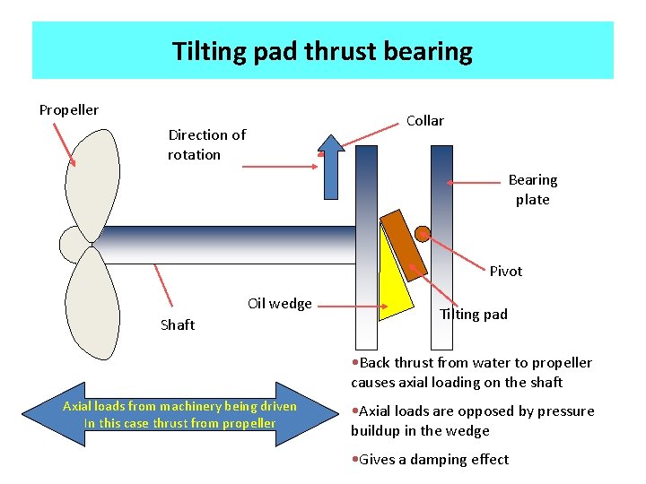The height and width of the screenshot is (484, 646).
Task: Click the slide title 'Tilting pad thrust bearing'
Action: pos(322,51)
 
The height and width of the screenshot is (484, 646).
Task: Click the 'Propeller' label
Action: pos(69,110)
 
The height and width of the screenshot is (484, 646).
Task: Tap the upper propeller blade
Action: pos(93,183)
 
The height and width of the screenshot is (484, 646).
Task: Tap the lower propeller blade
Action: pos(93,300)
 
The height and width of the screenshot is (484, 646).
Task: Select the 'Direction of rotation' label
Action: pos(206,145)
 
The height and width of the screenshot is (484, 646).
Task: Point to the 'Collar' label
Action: pos(424,121)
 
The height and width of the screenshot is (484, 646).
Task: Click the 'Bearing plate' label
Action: pos(532,190)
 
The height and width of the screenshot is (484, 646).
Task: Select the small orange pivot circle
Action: pos(423,235)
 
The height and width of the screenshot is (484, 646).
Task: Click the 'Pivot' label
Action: pos(505,272)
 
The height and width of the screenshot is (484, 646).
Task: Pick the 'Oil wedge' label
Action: pos(279,304)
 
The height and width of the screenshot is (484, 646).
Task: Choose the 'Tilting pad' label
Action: pos(473,315)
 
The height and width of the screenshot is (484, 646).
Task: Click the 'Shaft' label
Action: pos(177,325)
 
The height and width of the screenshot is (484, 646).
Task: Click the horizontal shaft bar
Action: pos(224,244)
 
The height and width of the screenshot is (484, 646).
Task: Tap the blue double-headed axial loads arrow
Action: pos(179,413)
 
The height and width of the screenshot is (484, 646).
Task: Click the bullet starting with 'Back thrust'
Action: pos(471,373)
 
